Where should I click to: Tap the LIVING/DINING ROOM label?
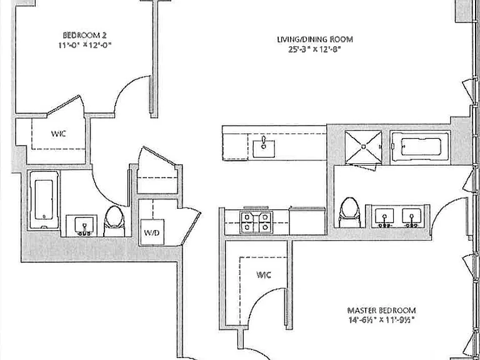click(315, 39)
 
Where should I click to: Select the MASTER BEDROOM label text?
click(381, 311)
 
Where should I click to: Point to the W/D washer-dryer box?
click(152, 232)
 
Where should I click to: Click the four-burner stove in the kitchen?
click(256, 222)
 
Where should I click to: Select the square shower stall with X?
click(363, 147)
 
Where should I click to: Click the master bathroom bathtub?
click(421, 147)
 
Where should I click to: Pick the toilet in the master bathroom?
click(350, 212)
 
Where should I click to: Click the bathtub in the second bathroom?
click(44, 200)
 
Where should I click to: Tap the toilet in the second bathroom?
click(114, 221)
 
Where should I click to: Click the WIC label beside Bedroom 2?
click(59, 134)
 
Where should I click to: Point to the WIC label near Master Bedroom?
click(264, 275)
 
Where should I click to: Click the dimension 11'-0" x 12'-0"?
click(85, 45)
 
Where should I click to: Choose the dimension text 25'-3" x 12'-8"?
click(315, 49)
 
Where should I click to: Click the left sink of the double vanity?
click(384, 217)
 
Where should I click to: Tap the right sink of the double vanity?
click(411, 217)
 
